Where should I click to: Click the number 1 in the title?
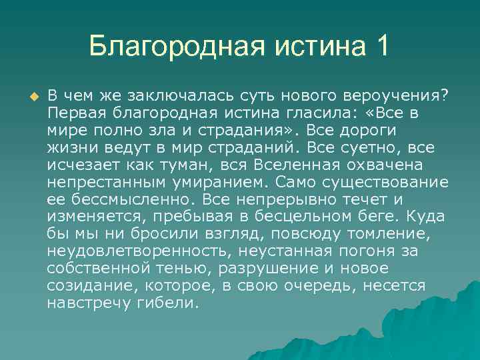(381, 47)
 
